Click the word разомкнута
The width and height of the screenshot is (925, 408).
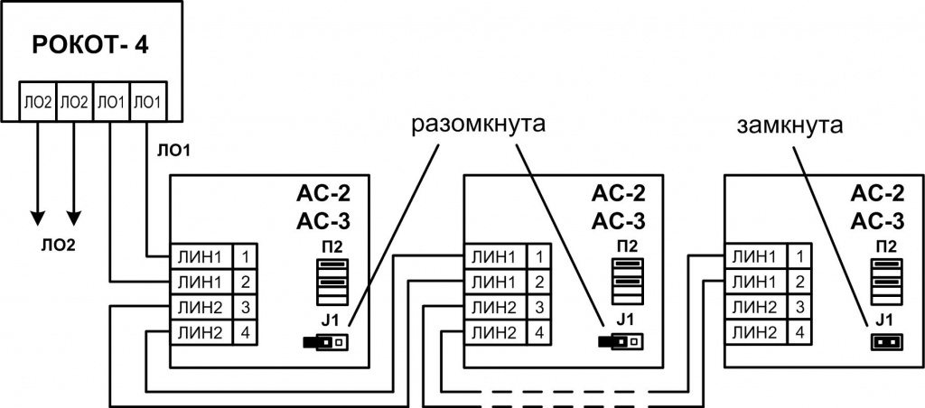pos(479,125)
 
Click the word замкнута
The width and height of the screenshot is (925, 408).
pos(789,125)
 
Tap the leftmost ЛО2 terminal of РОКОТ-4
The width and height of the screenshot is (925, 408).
pos(38,102)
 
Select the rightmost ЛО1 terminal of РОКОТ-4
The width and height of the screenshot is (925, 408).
pos(147,102)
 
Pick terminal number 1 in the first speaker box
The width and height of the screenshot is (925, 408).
pos(246,256)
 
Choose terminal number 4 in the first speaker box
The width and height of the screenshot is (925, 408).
pos(246,332)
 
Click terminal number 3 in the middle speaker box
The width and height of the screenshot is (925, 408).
pos(538,307)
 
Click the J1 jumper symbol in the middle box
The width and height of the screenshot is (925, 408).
pos(621,342)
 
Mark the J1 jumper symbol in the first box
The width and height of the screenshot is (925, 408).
pos(327,342)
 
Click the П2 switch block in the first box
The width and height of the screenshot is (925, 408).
pos(328,282)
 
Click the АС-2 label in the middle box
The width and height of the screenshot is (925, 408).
pos(623,194)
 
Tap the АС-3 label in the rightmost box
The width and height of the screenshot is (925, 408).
pos(878,220)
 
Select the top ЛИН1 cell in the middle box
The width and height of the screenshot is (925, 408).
pos(493,256)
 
